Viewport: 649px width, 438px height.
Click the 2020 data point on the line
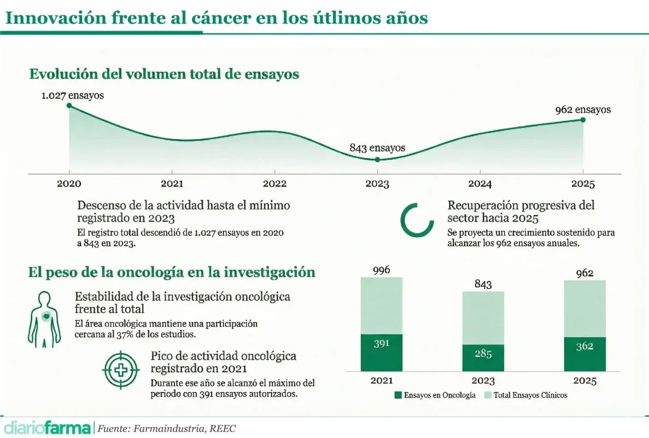click(x=69, y=106)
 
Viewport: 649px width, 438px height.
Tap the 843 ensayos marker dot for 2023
click(x=377, y=159)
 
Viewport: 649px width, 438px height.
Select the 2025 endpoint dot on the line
click(x=583, y=119)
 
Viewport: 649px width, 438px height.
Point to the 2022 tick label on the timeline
click(x=274, y=184)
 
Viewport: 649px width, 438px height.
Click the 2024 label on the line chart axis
click(x=480, y=184)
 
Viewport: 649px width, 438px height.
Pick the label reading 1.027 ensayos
click(x=73, y=95)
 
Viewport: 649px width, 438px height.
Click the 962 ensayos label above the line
click(x=583, y=109)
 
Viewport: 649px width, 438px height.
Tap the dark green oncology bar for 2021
click(x=381, y=353)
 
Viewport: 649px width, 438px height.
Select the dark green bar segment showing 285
click(x=483, y=358)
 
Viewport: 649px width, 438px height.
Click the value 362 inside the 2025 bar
click(x=584, y=346)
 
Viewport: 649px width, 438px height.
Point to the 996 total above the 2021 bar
click(x=381, y=270)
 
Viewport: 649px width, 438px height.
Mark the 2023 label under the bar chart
click(x=483, y=381)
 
